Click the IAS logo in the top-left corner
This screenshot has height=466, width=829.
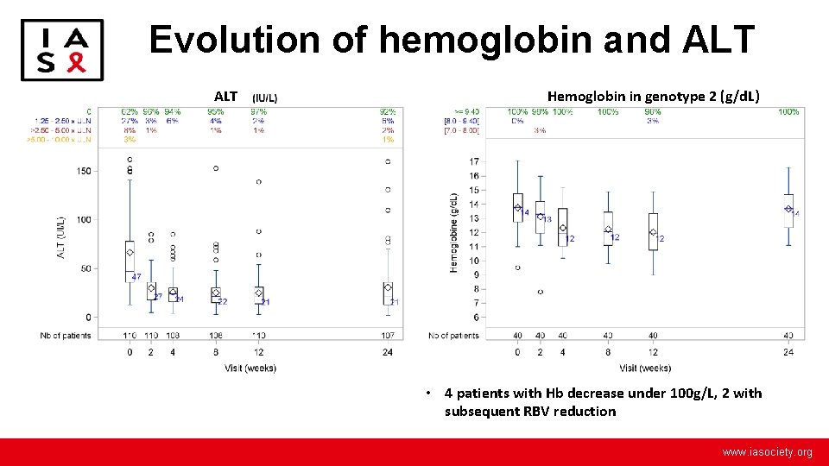pyautogui.click(x=61, y=50)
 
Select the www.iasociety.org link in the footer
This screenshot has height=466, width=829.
pyautogui.click(x=767, y=452)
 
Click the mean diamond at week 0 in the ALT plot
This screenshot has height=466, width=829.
pyautogui.click(x=130, y=253)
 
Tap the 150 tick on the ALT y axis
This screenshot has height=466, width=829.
pyautogui.click(x=83, y=171)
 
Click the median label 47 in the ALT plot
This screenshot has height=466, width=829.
pyautogui.click(x=136, y=276)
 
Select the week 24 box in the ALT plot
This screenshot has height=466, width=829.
pyautogui.click(x=388, y=293)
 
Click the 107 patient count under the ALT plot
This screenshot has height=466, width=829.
pyautogui.click(x=389, y=335)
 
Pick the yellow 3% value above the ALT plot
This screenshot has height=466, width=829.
pyautogui.click(x=130, y=139)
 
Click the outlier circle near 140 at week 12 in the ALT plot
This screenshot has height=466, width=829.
pyautogui.click(x=258, y=182)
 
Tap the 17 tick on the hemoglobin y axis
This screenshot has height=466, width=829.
pyautogui.click(x=474, y=161)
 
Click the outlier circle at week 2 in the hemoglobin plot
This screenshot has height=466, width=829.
pyautogui.click(x=540, y=292)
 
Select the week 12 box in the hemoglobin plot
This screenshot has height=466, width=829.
pyautogui.click(x=653, y=231)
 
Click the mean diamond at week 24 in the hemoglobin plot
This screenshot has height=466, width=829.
pyautogui.click(x=788, y=209)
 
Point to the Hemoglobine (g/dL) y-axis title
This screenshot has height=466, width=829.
pyautogui.click(x=453, y=233)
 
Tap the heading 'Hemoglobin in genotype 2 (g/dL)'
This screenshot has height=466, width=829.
pyautogui.click(x=653, y=96)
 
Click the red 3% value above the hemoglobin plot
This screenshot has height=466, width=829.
pyautogui.click(x=540, y=130)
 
